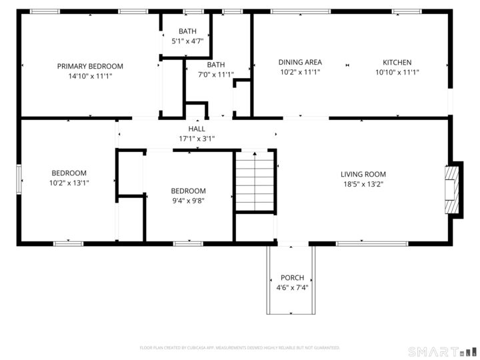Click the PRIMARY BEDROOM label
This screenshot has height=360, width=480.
[90, 66]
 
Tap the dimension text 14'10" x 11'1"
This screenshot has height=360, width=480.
[90, 76]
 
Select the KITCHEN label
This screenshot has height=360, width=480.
[397, 62]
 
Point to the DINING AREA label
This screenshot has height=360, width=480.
[299, 62]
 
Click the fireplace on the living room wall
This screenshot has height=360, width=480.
[453, 189]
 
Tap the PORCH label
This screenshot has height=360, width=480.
[292, 278]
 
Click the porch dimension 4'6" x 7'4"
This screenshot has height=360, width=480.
[292, 288]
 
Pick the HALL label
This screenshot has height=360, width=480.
[197, 129]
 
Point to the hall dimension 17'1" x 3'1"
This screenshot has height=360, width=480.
[197, 139]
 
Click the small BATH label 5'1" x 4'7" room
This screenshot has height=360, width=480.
[187, 31]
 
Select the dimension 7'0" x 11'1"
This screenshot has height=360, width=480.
[215, 75]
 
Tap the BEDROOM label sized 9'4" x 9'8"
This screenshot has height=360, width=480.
[188, 191]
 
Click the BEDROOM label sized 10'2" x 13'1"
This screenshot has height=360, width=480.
[69, 173]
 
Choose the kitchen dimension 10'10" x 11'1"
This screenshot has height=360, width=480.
[397, 72]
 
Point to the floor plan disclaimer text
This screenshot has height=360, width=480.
[239, 347]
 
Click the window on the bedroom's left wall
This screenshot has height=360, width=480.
[19, 180]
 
